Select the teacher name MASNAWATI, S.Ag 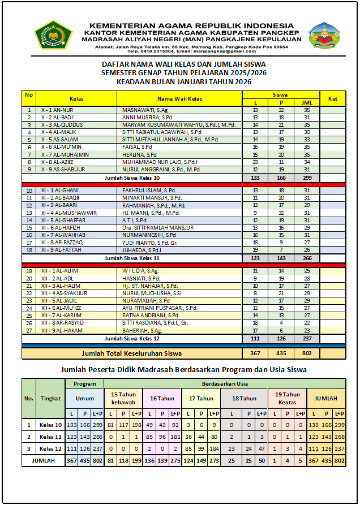145,110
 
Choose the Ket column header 333,98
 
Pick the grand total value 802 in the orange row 306,353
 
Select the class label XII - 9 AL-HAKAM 63,330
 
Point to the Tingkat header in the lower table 50,398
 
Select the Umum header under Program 85,398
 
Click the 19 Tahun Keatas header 287,398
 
